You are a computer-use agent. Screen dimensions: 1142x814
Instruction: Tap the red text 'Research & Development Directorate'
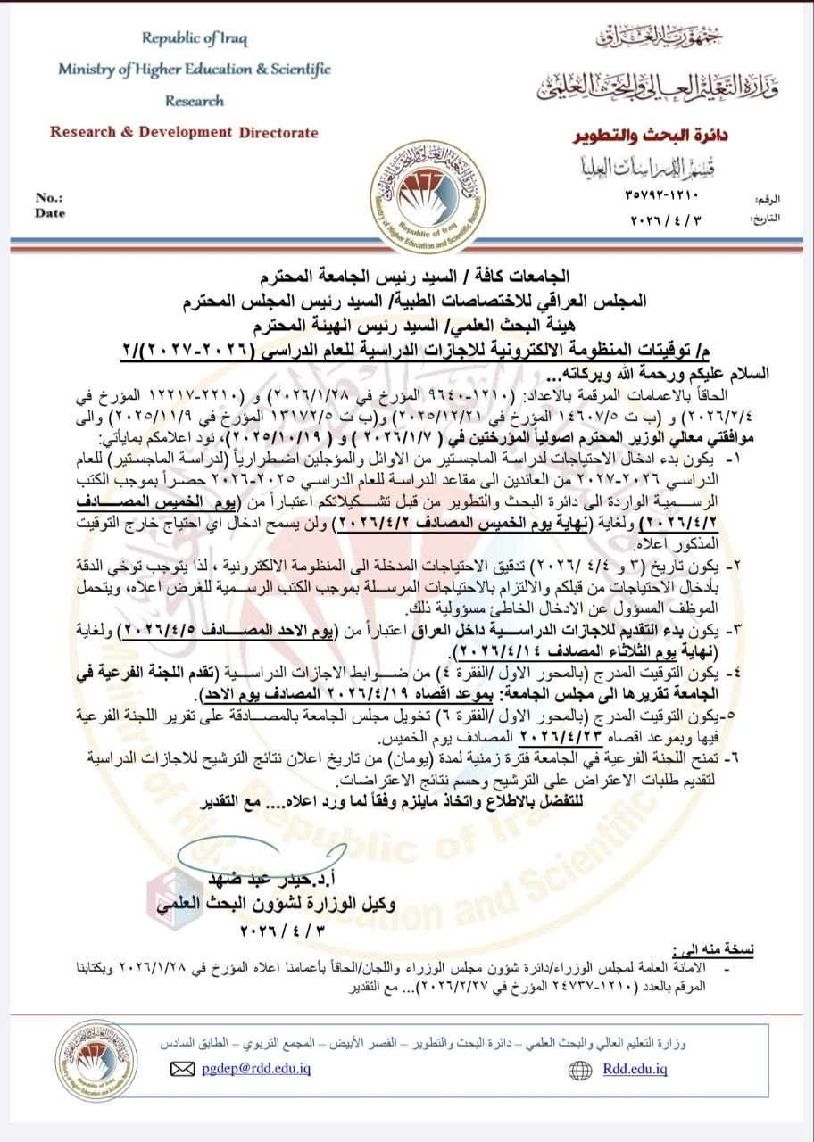pos(184,132)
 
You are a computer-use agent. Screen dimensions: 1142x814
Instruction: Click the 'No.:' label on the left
pos(49,197)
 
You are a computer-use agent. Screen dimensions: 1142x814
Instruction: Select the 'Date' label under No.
pos(50,213)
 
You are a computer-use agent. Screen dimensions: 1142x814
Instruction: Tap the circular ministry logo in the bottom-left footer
pos(96,1062)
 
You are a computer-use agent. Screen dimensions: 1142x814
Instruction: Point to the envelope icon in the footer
pos(182,1069)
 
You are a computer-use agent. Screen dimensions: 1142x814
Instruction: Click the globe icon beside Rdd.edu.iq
pos(581,1069)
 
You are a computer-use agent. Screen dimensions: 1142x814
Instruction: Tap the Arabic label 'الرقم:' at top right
pos(765,193)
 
